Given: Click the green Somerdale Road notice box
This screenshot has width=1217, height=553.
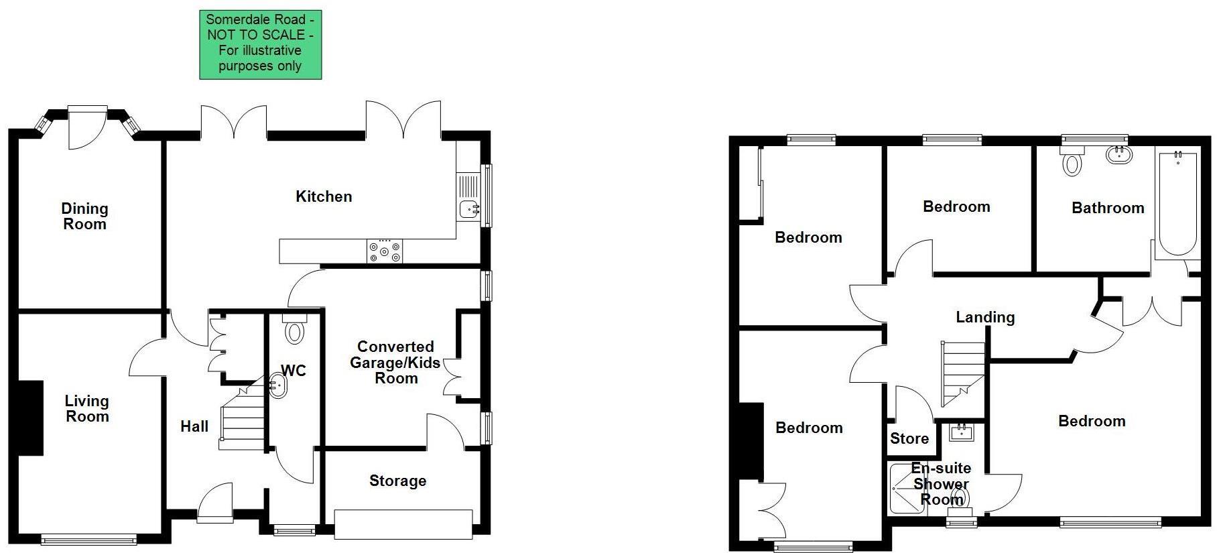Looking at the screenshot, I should click(x=260, y=44).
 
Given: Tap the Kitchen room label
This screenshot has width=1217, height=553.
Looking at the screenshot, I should click(x=324, y=196).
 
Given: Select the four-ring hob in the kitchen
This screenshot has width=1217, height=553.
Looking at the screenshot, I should click(x=385, y=252).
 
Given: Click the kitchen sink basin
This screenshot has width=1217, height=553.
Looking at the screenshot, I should click(x=468, y=210).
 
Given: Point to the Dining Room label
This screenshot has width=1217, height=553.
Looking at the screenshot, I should click(x=84, y=217).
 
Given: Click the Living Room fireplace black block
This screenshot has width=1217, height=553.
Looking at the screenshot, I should click(x=30, y=418).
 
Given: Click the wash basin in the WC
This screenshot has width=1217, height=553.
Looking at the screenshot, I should click(x=277, y=386).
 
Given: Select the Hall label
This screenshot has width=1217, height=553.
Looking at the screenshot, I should click(x=194, y=426).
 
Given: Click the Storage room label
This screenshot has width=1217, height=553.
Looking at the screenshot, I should click(x=397, y=481).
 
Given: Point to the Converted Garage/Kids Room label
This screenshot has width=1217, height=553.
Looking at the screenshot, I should click(x=395, y=363).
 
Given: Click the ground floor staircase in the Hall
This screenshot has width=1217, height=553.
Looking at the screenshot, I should click(x=243, y=419).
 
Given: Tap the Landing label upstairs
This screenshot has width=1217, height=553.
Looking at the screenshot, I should click(x=985, y=317).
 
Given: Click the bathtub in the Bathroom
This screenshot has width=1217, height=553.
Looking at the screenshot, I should click(x=1177, y=204).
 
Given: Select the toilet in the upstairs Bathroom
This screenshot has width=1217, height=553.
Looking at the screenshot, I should click(x=1072, y=162).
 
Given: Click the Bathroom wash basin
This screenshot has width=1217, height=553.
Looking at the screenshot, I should click(x=1118, y=156).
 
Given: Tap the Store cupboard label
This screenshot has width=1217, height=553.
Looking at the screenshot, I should click(x=909, y=438).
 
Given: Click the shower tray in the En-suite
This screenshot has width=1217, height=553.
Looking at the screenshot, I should click(x=906, y=489).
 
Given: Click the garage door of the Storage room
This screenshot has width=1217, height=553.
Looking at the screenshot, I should click(x=403, y=524).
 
